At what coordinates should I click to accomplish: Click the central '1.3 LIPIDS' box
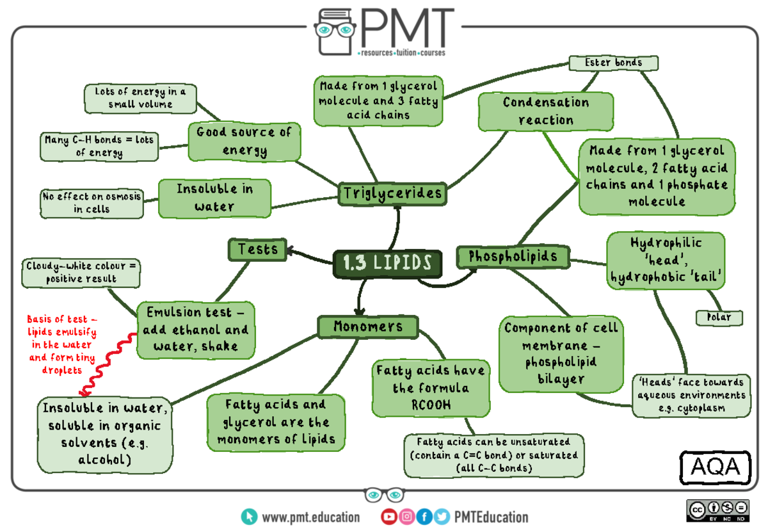coord(387,264)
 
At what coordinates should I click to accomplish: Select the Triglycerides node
coord(392,193)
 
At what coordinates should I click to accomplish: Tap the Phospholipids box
coord(513,257)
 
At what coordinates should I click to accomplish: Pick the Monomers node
coord(367,326)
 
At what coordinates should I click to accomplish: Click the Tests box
coord(257,249)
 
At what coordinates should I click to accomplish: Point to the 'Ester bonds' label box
coord(614,63)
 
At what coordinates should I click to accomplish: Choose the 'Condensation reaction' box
coord(546,111)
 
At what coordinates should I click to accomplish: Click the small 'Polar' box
coord(719,318)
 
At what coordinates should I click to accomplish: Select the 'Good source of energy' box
coord(244,141)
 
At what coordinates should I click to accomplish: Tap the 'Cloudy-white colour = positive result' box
coord(81,272)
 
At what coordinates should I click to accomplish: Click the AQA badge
coord(715,467)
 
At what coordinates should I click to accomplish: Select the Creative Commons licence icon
coord(717,510)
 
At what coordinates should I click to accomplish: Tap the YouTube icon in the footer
coord(388,517)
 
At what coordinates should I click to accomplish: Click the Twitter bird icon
coord(441,517)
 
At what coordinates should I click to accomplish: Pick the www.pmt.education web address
coord(310,517)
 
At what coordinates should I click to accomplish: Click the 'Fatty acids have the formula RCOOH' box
coord(431,387)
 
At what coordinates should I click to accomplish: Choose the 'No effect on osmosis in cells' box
coord(92,203)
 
